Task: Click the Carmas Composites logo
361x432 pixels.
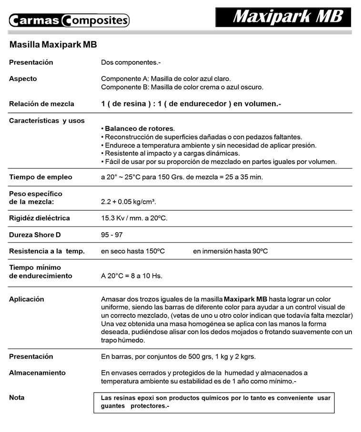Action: (69, 20)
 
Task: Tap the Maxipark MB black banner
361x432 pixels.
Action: (283, 17)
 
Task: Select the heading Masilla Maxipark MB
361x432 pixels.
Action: (53, 45)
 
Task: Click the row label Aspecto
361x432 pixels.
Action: (23, 79)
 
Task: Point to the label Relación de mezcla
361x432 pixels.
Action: (41, 104)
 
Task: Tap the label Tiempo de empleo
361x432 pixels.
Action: (40, 177)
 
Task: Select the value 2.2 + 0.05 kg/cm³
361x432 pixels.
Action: (129, 202)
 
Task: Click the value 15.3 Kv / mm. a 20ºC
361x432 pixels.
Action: (134, 218)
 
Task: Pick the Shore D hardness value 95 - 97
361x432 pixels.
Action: (112, 235)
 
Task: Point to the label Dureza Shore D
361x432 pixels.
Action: (35, 235)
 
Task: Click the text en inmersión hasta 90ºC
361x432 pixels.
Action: (231, 251)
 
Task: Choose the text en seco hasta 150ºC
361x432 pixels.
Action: (133, 251)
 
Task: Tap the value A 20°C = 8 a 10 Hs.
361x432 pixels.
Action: (131, 276)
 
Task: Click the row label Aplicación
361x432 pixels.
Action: (27, 299)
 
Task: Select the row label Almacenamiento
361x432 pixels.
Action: (37, 373)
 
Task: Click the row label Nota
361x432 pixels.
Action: (17, 398)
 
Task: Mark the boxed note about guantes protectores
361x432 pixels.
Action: (214, 402)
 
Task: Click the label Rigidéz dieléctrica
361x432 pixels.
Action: (40, 218)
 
